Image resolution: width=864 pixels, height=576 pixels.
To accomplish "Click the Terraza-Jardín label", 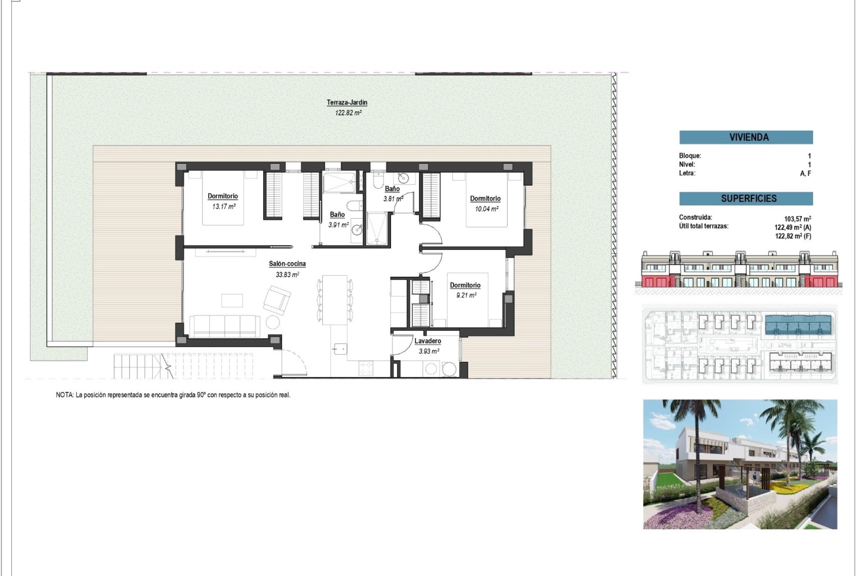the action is click(x=347, y=103).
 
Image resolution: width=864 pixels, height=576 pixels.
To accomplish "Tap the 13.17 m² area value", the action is click(x=224, y=207).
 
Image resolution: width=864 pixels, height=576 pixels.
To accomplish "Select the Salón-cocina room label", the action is click(x=287, y=264).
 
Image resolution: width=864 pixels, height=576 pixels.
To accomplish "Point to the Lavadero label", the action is click(x=427, y=341).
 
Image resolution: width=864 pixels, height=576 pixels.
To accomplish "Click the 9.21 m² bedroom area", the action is click(x=466, y=295).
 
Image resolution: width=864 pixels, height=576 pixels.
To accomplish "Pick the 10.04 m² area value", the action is click(x=487, y=209).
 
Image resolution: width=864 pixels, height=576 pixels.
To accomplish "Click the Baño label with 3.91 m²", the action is click(x=337, y=215).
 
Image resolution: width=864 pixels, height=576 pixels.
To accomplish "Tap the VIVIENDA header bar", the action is click(x=746, y=137).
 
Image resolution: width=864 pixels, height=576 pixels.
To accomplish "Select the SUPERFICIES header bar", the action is click(x=746, y=198).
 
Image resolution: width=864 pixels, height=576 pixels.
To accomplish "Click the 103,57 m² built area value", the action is click(x=797, y=219).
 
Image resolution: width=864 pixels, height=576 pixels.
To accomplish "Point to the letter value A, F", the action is click(x=805, y=173).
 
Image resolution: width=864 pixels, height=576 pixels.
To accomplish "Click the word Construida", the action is click(x=695, y=217).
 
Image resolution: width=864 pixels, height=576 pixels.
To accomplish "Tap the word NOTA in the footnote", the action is click(x=64, y=395).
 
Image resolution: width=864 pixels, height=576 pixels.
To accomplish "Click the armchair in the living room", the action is click(x=277, y=299).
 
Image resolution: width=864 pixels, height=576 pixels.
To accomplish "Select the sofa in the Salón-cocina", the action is click(x=225, y=326).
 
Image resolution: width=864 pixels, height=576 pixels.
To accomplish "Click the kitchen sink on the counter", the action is click(x=340, y=348).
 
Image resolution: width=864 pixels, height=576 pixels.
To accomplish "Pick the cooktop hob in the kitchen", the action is click(x=365, y=368).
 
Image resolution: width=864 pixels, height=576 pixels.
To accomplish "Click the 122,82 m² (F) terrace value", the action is click(x=793, y=236).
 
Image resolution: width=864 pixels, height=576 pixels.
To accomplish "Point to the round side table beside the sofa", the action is click(x=273, y=322).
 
